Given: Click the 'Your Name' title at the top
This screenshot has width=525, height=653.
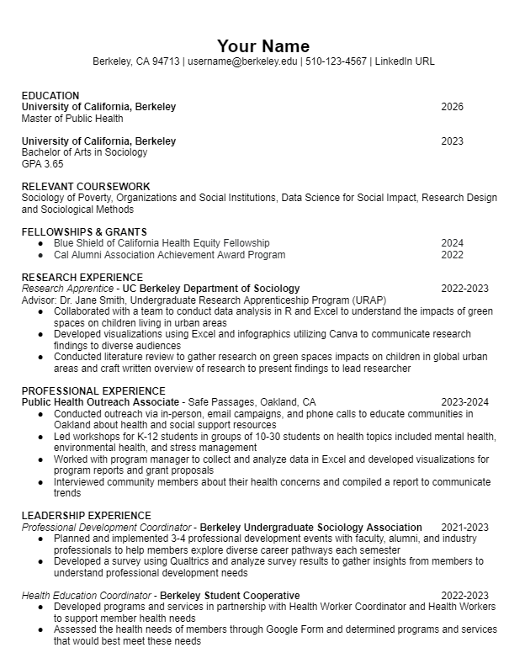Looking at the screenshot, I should pyautogui.click(x=262, y=45).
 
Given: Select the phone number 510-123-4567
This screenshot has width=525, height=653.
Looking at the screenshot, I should pyautogui.click(x=336, y=61).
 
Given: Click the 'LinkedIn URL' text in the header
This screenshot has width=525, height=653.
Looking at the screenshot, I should pyautogui.click(x=405, y=61).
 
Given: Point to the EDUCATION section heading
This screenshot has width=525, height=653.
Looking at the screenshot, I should pyautogui.click(x=50, y=96).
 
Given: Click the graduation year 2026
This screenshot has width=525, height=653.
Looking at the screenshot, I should pyautogui.click(x=452, y=107).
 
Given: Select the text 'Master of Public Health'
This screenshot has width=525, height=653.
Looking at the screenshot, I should pyautogui.click(x=72, y=119).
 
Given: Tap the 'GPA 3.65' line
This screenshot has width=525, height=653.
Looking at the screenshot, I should pyautogui.click(x=42, y=164).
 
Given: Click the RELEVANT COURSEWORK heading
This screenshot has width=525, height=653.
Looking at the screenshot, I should pyautogui.click(x=86, y=187).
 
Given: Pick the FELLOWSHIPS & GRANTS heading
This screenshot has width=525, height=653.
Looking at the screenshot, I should pyautogui.click(x=84, y=232).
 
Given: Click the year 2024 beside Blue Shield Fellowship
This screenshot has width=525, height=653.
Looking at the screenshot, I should pyautogui.click(x=452, y=243).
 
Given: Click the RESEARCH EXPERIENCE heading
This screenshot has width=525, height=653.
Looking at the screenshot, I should pyautogui.click(x=82, y=278).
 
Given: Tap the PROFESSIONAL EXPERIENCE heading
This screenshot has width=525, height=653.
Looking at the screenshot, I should pyautogui.click(x=93, y=391).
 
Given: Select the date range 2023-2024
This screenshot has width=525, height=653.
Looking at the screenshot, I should pyautogui.click(x=464, y=402).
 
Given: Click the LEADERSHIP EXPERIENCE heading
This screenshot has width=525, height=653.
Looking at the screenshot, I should pyautogui.click(x=87, y=516).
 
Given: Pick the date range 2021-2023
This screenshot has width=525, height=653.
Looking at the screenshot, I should pyautogui.click(x=464, y=528).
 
